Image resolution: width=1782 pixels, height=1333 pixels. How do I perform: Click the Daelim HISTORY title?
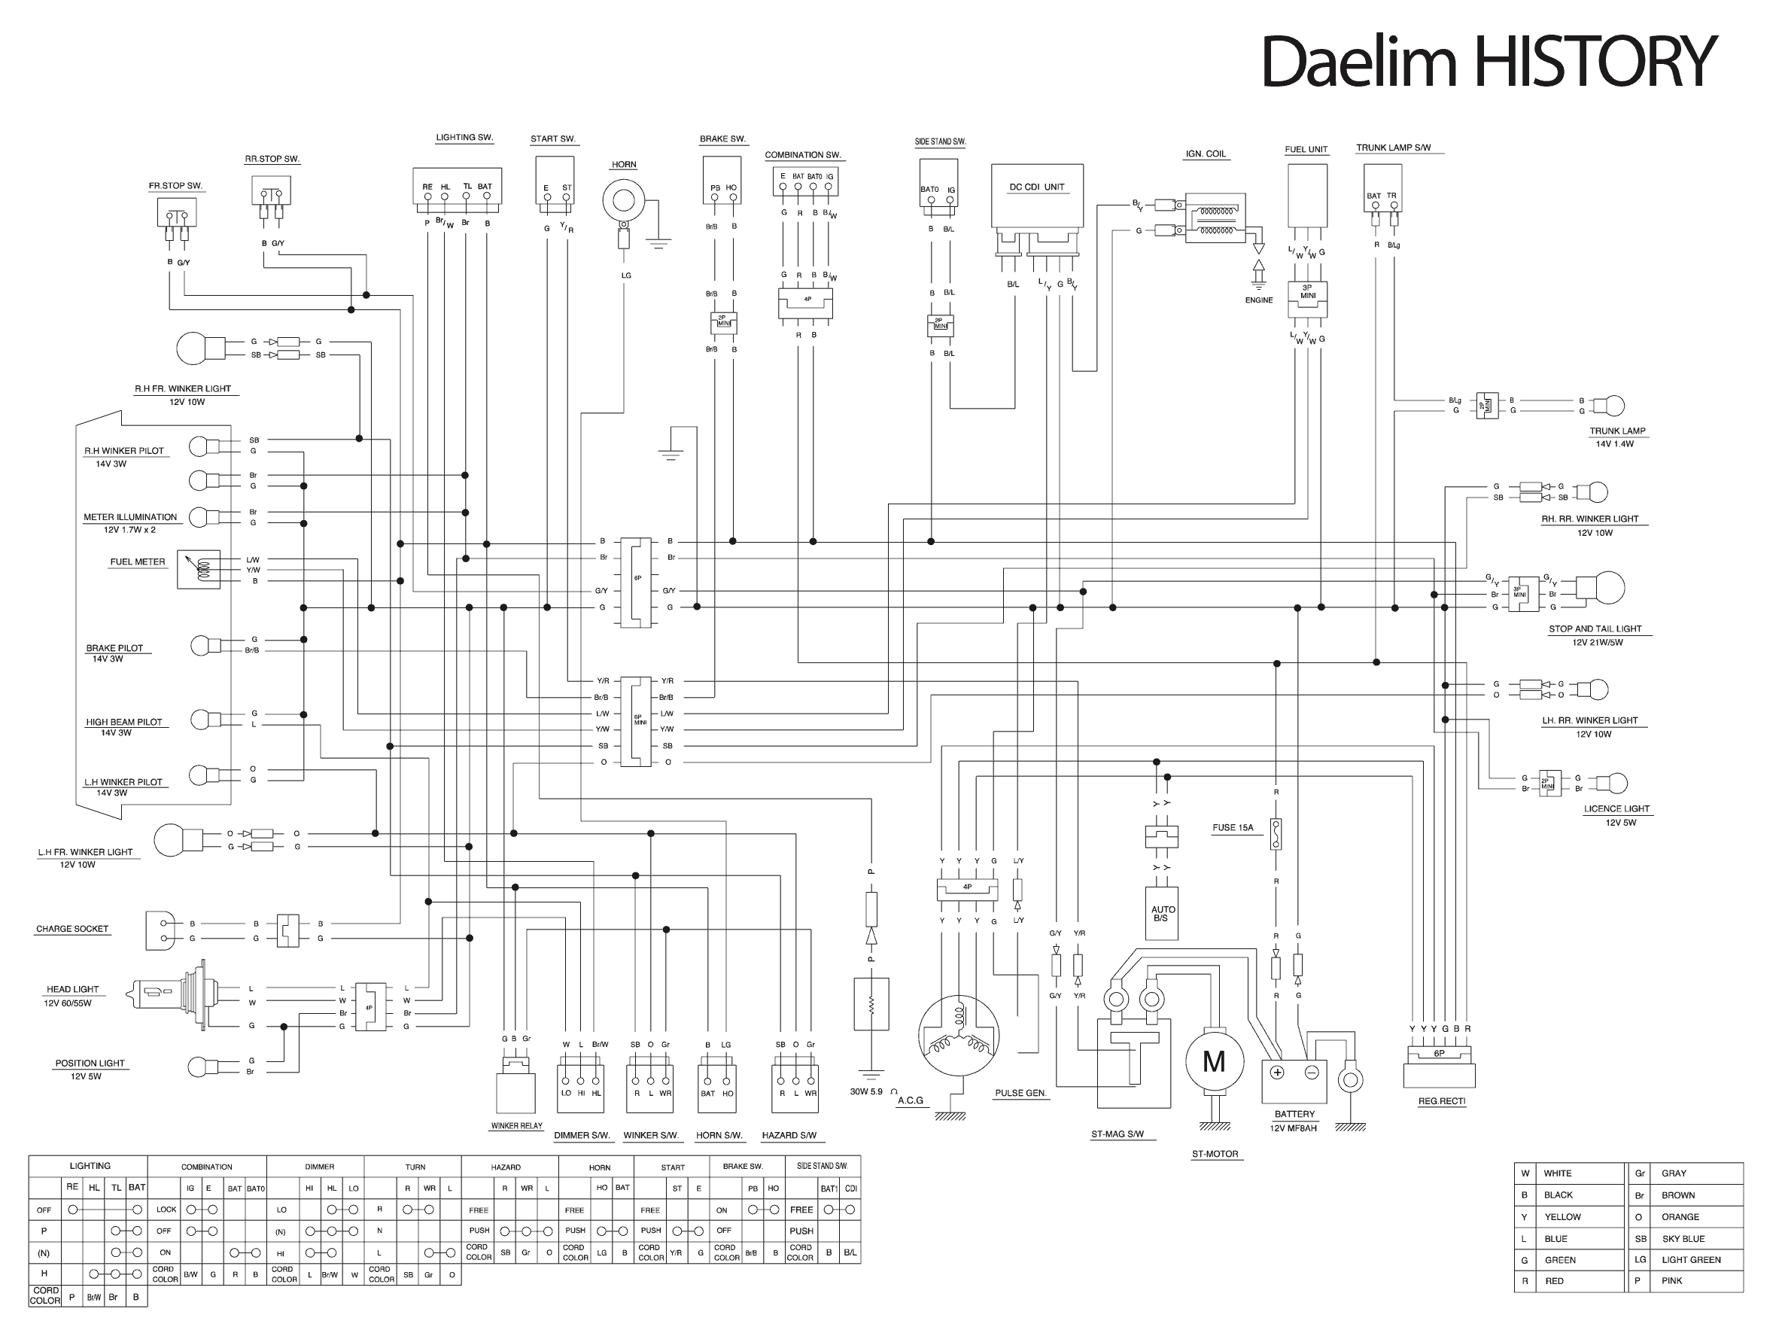1489,61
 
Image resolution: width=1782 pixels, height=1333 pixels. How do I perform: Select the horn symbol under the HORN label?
624,200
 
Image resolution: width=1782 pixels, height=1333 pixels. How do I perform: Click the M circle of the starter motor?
1214,1061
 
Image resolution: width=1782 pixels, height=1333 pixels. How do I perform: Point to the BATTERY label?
1294,1114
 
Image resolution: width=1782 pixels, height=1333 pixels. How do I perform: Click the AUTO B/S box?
1162,913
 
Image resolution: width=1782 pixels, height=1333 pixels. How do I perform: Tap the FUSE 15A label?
1233,828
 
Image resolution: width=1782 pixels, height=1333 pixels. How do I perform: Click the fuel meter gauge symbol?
198,570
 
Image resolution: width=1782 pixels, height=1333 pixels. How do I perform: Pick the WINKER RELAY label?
516,1126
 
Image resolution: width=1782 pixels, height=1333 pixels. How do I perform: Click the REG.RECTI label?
1441,1101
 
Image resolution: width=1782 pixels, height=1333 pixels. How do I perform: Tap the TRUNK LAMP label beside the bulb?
1617,431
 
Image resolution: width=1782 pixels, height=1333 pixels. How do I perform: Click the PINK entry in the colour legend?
1671,1280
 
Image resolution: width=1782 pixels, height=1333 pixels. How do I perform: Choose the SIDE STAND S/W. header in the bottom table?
822,1165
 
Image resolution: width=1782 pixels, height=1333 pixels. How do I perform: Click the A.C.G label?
911,1100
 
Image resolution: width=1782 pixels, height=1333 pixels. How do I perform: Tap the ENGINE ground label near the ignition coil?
1258,300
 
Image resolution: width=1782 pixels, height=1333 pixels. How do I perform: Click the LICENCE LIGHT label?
1616,808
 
